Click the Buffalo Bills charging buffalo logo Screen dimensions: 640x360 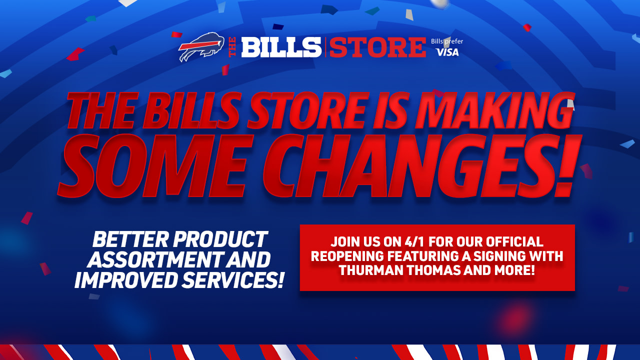tap(201, 46)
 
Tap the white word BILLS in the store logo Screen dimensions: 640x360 tap(281, 47)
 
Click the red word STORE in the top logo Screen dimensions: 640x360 tap(377, 47)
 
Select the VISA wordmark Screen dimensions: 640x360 tap(447, 52)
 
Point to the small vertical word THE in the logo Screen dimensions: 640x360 tap(232, 47)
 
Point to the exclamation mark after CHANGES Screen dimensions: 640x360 tap(568, 165)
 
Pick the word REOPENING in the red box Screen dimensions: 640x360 tap(347, 256)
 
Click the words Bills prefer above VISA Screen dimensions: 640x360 tap(447, 41)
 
